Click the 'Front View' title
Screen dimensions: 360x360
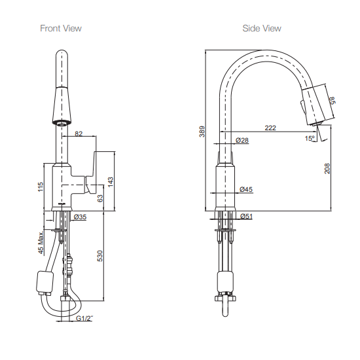61,28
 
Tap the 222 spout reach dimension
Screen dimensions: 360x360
270,128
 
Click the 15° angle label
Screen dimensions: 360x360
308,137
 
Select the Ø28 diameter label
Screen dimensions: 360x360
242,141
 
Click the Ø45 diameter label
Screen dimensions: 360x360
246,189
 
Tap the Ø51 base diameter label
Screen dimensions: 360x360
246,216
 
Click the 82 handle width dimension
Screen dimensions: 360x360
79,134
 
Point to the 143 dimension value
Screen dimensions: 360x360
111,180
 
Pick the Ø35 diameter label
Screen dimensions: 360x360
81,216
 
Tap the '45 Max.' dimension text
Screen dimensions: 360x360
41,242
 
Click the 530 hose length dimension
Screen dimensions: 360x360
100,256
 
